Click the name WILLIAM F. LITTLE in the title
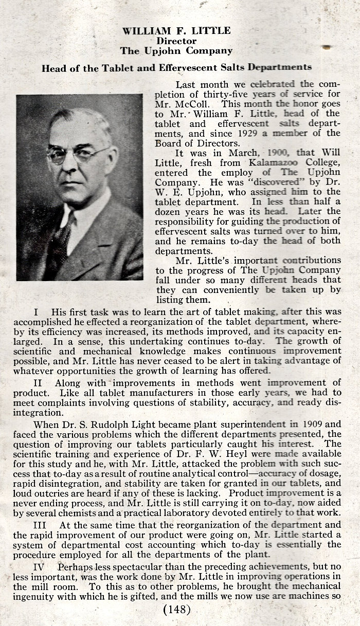[176, 31]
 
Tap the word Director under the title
[176, 41]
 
